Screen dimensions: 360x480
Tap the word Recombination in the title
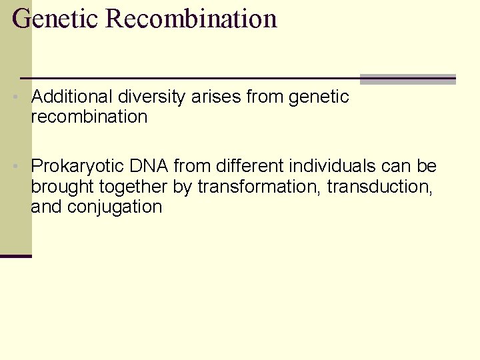[x=191, y=19]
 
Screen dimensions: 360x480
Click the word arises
[x=216, y=97]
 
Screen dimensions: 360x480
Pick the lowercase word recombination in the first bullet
[x=89, y=117]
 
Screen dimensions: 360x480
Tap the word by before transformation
[x=182, y=187]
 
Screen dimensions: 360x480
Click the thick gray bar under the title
[x=407, y=79]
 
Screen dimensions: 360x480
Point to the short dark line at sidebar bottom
[x=16, y=256]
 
